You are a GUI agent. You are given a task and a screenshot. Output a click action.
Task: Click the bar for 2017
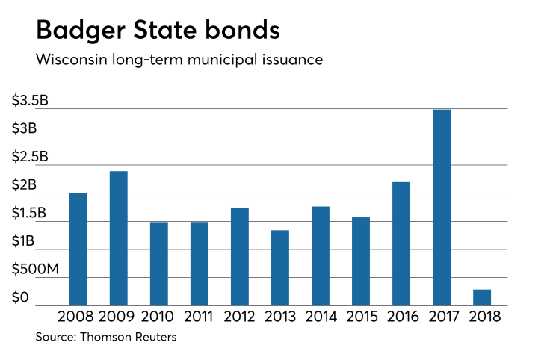pos(441,208)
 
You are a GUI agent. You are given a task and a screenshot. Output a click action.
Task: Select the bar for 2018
pos(482,297)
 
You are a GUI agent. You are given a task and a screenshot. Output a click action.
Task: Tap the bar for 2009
pos(118,238)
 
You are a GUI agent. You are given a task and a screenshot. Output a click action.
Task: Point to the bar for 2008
pos(78,249)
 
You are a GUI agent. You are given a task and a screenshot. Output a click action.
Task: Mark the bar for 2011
pos(199,264)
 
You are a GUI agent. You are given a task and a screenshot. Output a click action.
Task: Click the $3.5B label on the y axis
pos(30,101)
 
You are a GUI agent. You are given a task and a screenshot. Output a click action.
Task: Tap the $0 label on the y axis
pos(20,297)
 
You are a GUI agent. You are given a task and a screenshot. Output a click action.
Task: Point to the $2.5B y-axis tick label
pos(30,157)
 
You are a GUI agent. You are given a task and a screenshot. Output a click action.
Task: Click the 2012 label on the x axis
pos(239,317)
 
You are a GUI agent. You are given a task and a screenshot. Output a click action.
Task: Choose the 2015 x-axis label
pos(360,317)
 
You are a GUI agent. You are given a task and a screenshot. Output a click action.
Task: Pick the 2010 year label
pos(158,317)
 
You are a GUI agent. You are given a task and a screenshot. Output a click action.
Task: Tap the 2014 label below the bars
pos(320,317)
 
